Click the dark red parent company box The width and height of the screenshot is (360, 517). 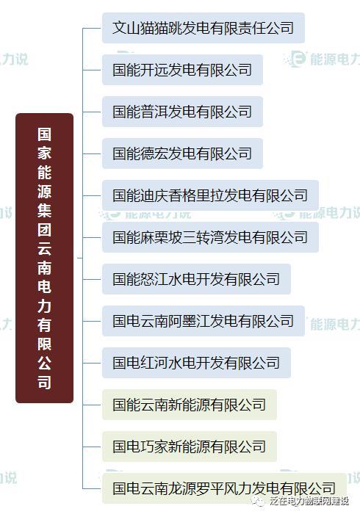coord(44,258)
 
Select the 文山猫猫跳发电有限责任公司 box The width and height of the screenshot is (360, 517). coord(204,28)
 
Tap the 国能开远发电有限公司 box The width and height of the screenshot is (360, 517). coord(182,70)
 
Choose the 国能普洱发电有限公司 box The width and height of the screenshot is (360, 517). coord(182,112)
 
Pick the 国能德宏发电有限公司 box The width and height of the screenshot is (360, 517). coord(182,153)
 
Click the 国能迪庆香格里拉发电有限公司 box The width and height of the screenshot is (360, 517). coord(211,195)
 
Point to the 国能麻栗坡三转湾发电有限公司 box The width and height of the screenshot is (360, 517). coord(211,237)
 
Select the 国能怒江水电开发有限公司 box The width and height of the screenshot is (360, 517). coord(196,279)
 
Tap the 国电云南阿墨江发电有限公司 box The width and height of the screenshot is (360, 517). coord(204,321)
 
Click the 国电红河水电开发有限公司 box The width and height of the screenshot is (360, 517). coord(196,363)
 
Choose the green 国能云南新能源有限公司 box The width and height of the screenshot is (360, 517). coord(190,405)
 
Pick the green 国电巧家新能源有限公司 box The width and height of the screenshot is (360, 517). coord(190,446)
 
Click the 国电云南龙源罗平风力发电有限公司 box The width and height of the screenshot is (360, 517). coord(224,488)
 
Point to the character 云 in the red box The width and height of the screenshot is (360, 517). coord(44,248)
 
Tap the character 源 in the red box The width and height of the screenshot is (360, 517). coord(44,191)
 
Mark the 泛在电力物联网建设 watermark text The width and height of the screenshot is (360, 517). coord(309,501)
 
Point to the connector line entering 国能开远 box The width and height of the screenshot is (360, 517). coord(92,70)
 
